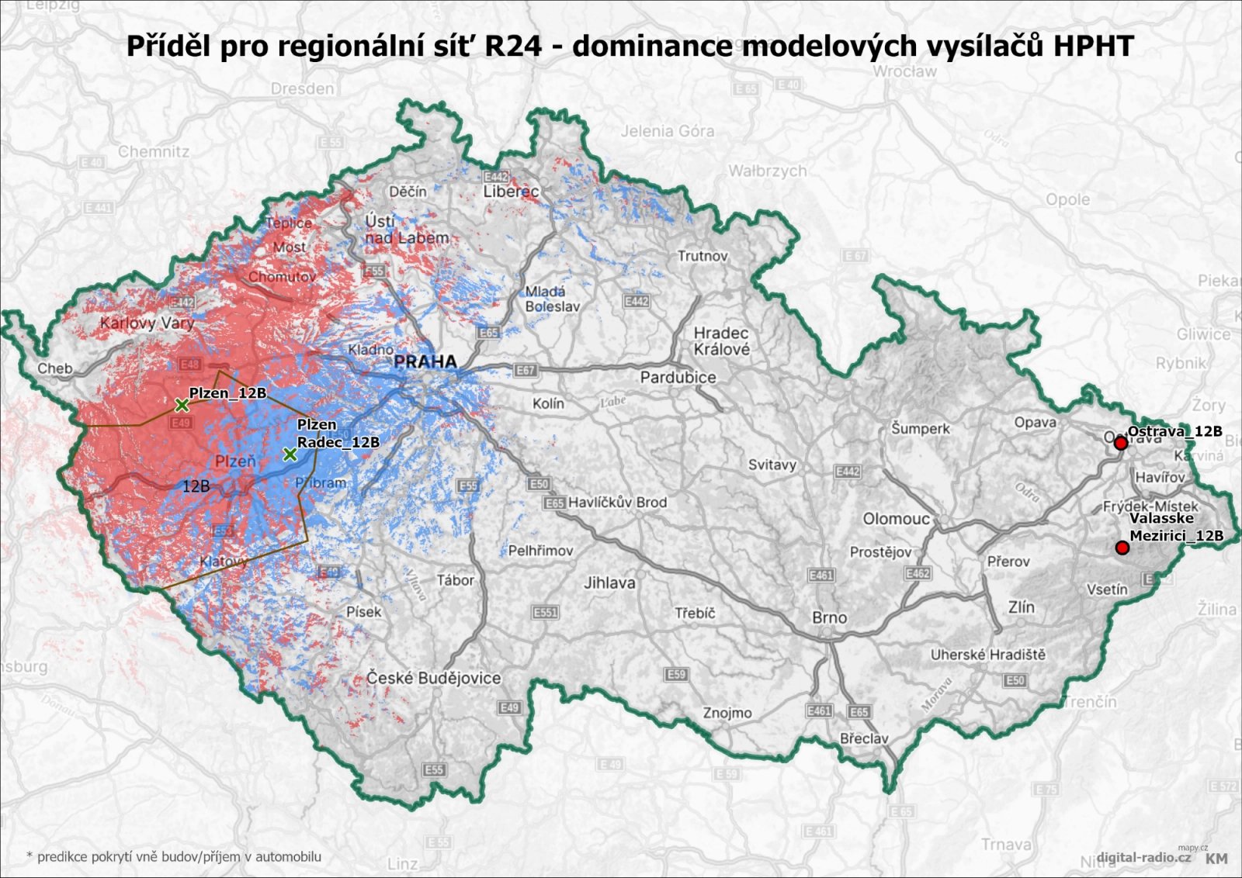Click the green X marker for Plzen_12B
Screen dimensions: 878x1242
click(x=181, y=404)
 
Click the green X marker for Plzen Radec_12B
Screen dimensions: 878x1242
click(x=290, y=454)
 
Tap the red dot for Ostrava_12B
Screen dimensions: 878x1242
click(x=1120, y=443)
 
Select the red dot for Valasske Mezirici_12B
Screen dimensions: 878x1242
click(x=1122, y=548)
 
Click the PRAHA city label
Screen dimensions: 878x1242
click(x=425, y=361)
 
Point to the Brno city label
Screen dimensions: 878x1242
click(x=829, y=617)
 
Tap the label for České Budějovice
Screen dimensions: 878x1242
click(x=433, y=678)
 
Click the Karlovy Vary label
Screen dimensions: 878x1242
click(x=147, y=323)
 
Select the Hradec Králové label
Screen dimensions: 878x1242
click(x=721, y=341)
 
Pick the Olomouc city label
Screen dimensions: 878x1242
click(x=896, y=518)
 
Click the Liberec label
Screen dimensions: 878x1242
click(x=511, y=191)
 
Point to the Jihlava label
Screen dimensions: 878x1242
click(x=609, y=582)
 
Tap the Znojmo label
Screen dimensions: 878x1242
click(x=727, y=712)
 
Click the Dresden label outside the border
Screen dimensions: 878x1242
click(x=302, y=88)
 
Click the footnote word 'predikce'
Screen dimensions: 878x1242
click(x=63, y=856)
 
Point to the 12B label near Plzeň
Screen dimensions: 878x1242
click(x=196, y=486)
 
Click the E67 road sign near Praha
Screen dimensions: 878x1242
click(x=526, y=370)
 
